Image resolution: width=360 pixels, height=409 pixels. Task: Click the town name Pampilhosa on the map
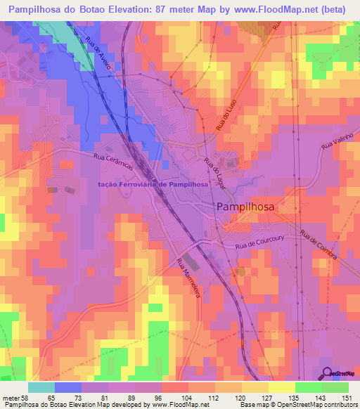[245, 207]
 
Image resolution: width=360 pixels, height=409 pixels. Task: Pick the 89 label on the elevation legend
[130, 398]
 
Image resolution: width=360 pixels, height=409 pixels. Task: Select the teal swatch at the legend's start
[41, 387]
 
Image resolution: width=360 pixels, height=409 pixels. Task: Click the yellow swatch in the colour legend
[282, 387]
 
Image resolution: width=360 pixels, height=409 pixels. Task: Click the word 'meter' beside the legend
[9, 398]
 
